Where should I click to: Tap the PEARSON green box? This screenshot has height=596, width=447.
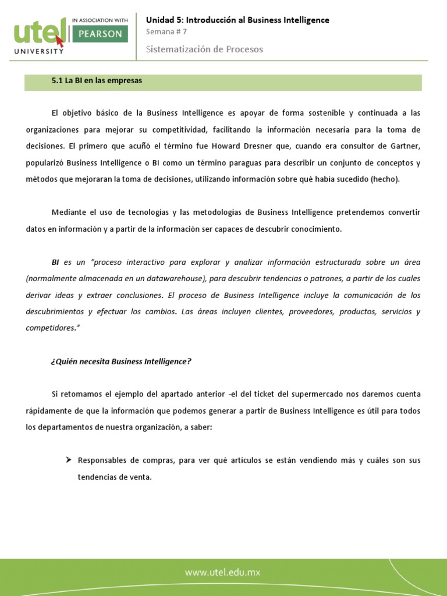99,34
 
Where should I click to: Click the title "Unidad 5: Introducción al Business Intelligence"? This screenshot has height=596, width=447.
237,20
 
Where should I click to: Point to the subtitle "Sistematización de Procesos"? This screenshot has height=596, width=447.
204,49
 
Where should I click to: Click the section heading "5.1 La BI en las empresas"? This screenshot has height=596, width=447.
97,81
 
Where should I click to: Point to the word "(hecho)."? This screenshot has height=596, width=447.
385,179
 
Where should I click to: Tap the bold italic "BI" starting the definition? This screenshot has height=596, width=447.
56,262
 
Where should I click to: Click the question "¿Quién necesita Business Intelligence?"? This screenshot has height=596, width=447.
121,361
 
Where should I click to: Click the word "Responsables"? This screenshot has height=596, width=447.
100,460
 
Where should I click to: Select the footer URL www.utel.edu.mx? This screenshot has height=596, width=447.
223,572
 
